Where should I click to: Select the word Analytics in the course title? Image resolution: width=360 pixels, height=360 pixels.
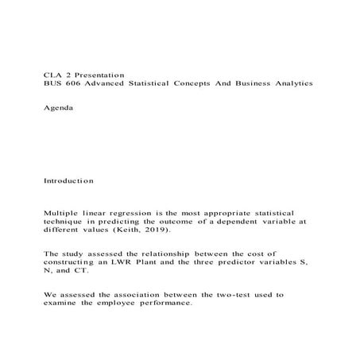pos(288,83)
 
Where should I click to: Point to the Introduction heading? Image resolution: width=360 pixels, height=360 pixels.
pos(68,181)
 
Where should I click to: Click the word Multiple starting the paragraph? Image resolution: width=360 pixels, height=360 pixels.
pos(62,215)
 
